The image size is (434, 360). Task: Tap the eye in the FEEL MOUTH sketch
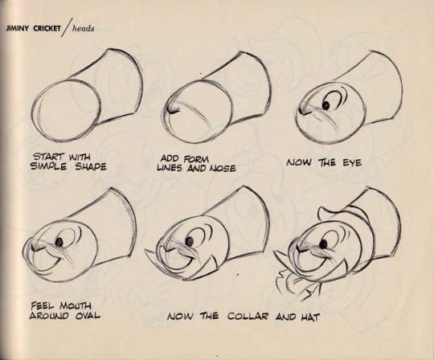[x=59, y=241]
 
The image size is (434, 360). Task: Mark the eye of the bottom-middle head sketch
[x=188, y=240]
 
